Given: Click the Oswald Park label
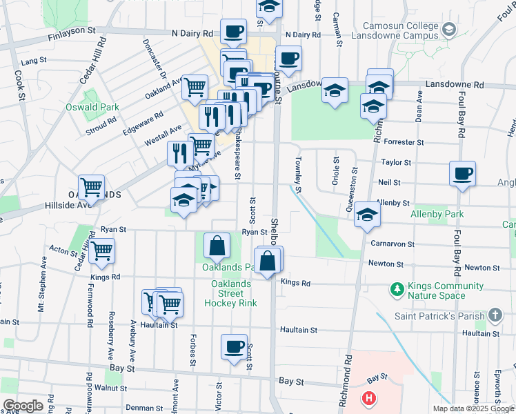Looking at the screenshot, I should [92, 107].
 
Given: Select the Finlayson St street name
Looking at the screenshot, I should [71, 31].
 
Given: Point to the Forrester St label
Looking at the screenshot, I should [404, 142].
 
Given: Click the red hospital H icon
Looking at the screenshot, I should [370, 398].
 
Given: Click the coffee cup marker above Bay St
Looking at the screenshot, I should [234, 346].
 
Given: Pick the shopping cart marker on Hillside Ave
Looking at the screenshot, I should [91, 187].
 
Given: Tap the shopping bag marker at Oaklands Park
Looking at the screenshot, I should [217, 245].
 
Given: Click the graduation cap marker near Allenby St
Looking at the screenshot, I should [367, 215].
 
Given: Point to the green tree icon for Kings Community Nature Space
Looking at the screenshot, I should [397, 287].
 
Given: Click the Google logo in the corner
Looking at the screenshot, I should [23, 406].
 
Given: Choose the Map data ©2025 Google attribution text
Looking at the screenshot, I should [473, 408].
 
